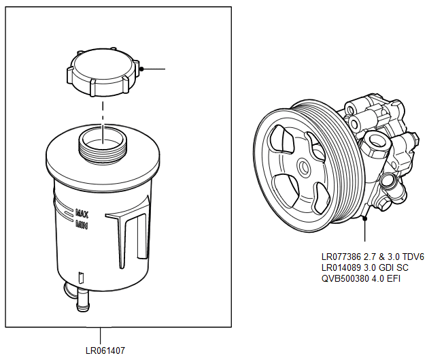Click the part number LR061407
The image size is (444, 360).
105,350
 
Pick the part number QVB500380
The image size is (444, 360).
343,278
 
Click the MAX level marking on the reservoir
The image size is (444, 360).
83,212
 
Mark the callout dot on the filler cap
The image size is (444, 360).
139,69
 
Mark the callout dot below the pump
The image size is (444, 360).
365,218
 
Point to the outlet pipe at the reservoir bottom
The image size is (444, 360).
82,299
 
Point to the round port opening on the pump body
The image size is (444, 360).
374,142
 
